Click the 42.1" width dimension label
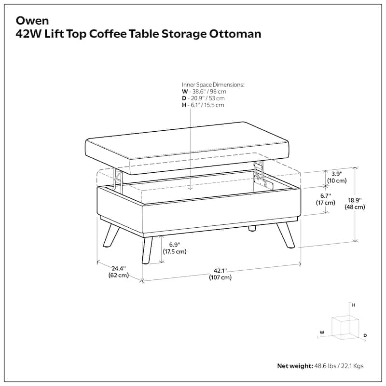(x=220, y=274)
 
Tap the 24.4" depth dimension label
(x=119, y=272)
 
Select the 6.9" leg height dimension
(x=175, y=248)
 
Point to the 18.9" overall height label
(x=354, y=203)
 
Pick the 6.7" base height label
(x=326, y=199)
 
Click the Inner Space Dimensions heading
(x=213, y=84)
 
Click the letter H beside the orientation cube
(x=353, y=305)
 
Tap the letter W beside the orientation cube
(x=322, y=332)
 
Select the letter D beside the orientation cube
(x=365, y=335)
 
